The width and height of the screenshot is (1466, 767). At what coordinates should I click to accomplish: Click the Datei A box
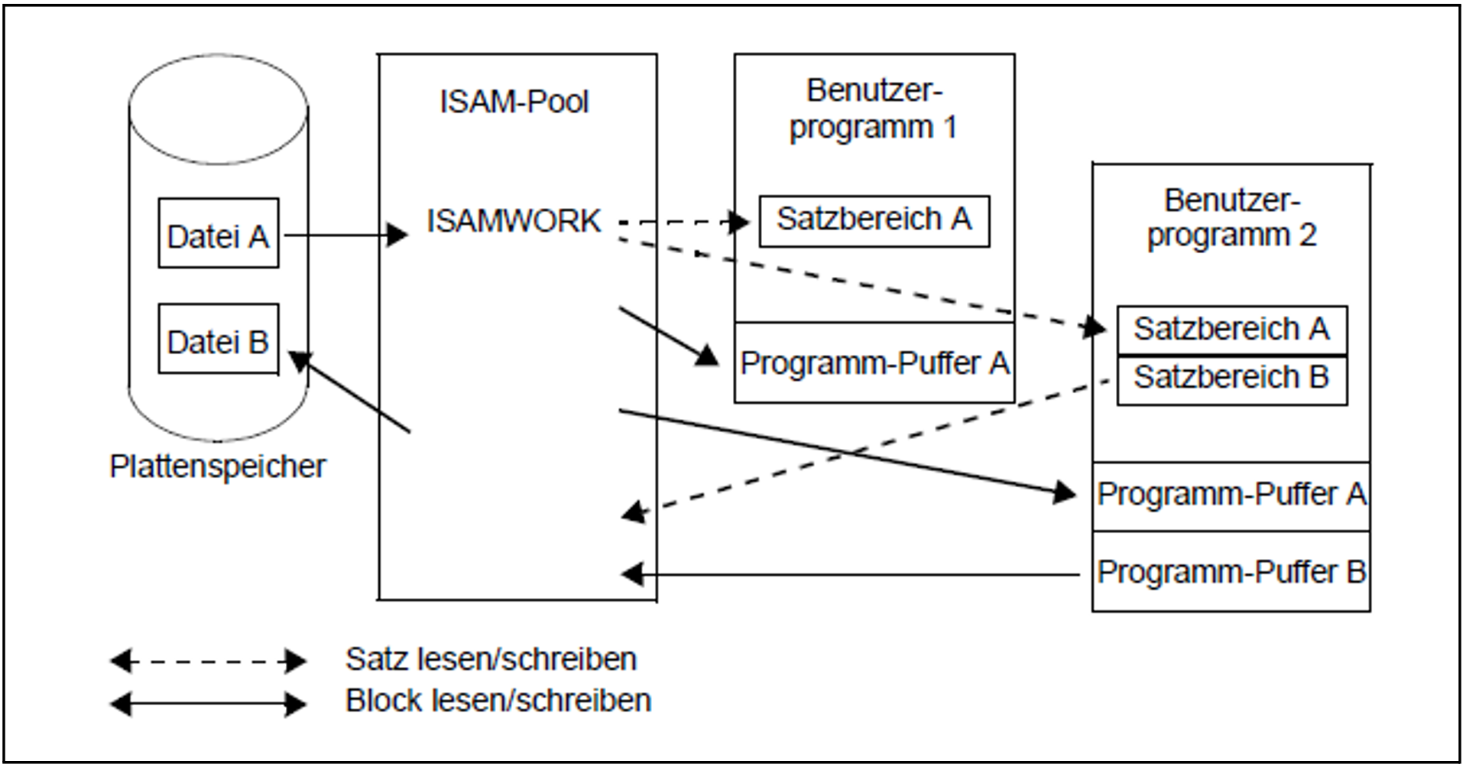[x=218, y=233]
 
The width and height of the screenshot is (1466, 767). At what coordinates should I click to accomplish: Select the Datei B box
[x=218, y=339]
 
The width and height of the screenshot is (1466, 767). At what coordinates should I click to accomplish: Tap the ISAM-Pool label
[x=514, y=102]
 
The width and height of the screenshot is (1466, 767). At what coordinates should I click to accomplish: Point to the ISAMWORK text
[x=514, y=221]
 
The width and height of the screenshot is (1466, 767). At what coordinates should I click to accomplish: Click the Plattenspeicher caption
[x=218, y=466]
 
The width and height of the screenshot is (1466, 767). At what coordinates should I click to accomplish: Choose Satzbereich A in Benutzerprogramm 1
[x=874, y=221]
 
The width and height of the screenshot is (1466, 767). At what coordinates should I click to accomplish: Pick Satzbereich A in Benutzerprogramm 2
[x=1231, y=330]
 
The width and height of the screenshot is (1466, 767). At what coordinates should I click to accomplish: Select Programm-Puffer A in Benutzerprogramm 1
[x=874, y=363]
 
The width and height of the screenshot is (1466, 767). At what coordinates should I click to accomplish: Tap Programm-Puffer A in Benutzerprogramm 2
[x=1231, y=495]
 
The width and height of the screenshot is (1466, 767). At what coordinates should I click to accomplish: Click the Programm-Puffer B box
[x=1231, y=572]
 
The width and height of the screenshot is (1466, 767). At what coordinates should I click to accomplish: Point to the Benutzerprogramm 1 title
[x=874, y=109]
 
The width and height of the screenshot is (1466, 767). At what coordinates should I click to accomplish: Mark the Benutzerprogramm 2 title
[x=1231, y=218]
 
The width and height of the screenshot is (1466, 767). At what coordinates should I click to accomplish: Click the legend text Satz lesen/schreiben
[x=491, y=659]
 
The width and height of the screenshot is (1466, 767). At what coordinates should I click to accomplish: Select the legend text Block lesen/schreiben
[x=498, y=700]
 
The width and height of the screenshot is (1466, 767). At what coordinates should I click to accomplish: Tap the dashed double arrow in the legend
[x=208, y=661]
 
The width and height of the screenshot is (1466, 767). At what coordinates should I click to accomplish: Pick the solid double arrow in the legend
[x=208, y=704]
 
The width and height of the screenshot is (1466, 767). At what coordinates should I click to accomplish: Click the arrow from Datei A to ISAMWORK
[x=344, y=235]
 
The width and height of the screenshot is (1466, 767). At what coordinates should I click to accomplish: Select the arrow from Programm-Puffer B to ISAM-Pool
[x=856, y=574]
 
